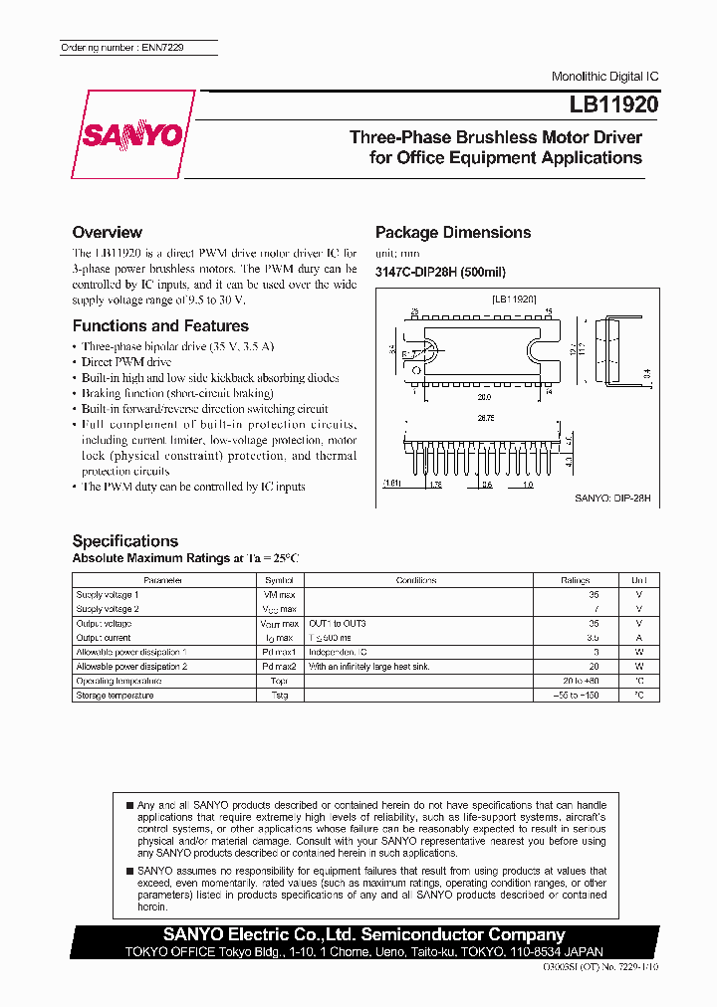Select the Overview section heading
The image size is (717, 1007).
107,232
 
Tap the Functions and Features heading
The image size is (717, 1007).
160,325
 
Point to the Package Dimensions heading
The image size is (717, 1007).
452,232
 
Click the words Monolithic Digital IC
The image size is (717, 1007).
604,77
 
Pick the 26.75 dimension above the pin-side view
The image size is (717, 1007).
484,419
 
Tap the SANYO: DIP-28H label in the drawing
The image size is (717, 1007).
612,497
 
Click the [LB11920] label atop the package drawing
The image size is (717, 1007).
514,299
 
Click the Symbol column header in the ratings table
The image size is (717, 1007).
280,579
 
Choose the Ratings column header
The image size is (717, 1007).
575,579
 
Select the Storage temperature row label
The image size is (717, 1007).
115,695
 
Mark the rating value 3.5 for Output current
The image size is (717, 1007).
593,638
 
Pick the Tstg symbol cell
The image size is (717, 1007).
280,695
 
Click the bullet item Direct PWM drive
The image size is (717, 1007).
126,362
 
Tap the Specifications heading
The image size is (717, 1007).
124,540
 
